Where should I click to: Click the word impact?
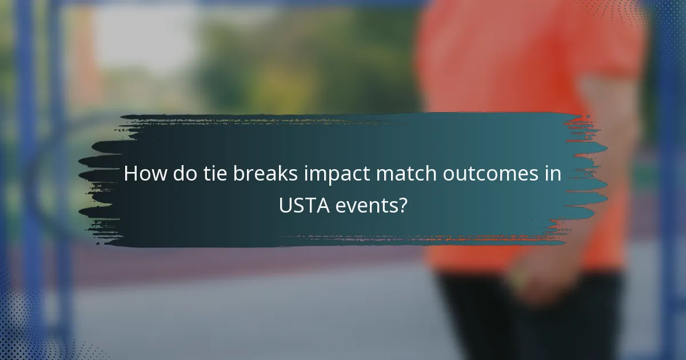pos(332,174)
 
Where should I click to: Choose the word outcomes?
pos(482,173)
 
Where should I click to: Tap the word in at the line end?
pos(553,173)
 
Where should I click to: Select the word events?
pos(368,205)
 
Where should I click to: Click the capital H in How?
pos(131,173)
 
